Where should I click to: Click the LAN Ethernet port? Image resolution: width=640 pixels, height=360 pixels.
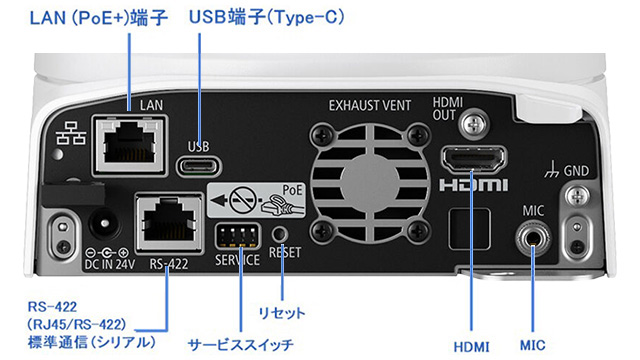point(130,145)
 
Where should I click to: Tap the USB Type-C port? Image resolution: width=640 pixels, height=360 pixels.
point(199,166)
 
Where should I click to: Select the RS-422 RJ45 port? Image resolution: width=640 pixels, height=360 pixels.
point(169,222)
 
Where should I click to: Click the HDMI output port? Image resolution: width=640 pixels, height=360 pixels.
point(474,159)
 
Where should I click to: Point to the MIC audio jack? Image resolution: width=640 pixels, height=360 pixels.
point(533,238)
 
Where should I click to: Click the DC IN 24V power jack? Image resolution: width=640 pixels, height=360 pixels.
point(104,223)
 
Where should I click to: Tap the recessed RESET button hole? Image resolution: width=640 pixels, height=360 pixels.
point(280,234)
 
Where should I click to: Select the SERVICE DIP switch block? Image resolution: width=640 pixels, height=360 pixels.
point(237,236)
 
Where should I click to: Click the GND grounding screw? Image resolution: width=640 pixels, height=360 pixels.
point(577,197)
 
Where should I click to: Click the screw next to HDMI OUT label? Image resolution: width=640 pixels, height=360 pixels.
point(473,123)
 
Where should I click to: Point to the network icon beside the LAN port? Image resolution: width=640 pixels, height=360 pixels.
point(71,133)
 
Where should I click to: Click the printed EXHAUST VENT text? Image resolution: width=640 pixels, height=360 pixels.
point(370,106)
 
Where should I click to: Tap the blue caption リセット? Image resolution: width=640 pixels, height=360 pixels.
point(282,313)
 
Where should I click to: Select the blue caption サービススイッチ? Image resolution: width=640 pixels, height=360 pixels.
point(240,345)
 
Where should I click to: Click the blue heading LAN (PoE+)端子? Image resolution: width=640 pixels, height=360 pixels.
point(99,18)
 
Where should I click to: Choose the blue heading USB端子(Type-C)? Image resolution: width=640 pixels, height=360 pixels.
point(267,17)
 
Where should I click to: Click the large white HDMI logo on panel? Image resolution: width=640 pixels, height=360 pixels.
point(473,185)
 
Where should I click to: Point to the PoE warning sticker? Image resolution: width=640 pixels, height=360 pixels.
point(256,200)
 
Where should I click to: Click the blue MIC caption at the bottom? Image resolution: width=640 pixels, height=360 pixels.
point(533,346)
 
